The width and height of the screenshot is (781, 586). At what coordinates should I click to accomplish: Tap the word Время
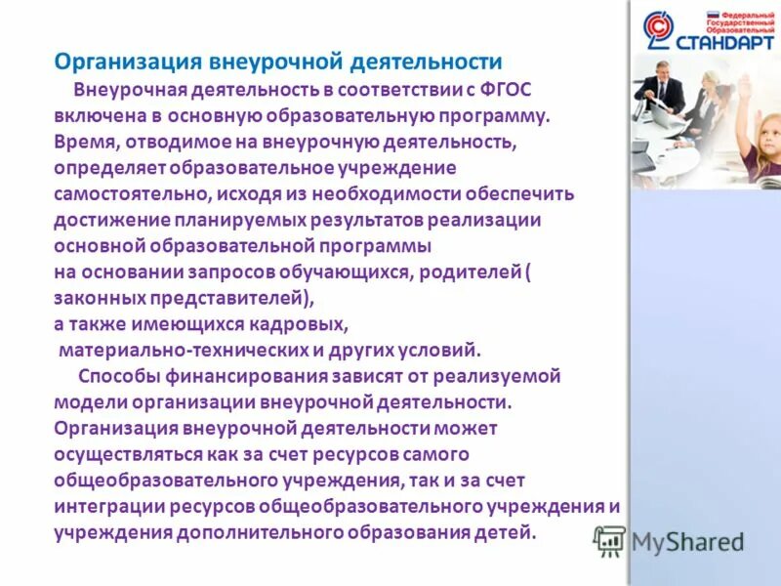click(x=84, y=141)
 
